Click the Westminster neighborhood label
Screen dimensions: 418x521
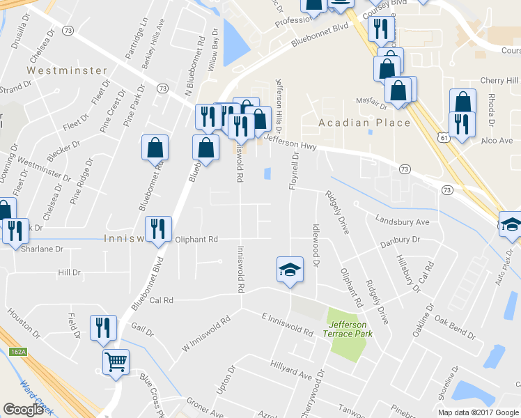tap(68, 70)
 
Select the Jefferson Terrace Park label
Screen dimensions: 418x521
tap(350, 329)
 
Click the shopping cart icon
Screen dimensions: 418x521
tap(116, 361)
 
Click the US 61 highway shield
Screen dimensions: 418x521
tap(443, 139)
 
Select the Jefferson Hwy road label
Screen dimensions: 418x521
tap(291, 144)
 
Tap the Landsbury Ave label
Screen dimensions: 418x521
tap(402, 222)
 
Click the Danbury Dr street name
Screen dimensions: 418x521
tap(401, 240)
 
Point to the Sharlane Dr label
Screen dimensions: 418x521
tap(42, 248)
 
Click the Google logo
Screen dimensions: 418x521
tap(24, 410)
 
